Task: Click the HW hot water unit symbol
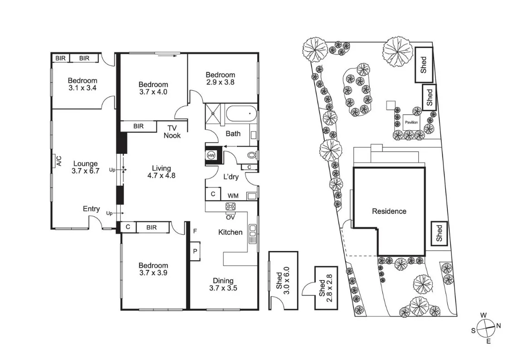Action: coord(211,155)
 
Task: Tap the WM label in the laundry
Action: coord(233,196)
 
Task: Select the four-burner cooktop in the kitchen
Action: coord(230,207)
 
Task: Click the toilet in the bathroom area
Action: coord(251,155)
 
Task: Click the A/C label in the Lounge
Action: coord(59,161)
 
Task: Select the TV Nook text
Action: coord(172,132)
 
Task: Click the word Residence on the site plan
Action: coord(389,211)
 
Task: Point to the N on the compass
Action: coord(499,325)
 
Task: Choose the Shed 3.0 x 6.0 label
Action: coord(283,281)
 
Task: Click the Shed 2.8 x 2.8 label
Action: coord(326,288)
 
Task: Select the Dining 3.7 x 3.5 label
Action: coord(223,284)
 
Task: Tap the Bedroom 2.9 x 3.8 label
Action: coord(220,79)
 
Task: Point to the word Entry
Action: coord(91,209)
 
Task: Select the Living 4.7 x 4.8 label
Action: coord(162,172)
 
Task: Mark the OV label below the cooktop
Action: coord(230,217)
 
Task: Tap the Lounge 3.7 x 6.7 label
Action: coord(85,168)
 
